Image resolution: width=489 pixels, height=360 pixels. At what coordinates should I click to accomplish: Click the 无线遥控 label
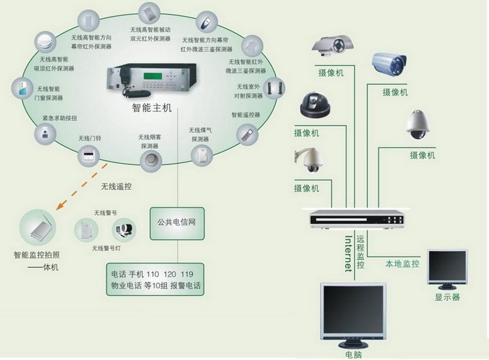pos(116,187)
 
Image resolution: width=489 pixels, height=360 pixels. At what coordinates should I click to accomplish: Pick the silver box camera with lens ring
pos(333,45)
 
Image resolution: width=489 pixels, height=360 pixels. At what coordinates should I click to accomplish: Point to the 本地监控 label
pos(402,264)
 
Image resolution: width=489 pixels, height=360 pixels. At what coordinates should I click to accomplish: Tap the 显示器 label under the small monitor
pos(447,297)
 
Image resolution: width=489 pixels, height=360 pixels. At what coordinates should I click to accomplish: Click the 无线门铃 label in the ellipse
pos(90,138)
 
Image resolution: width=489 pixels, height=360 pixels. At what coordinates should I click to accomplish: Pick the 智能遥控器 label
pos(245,115)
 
